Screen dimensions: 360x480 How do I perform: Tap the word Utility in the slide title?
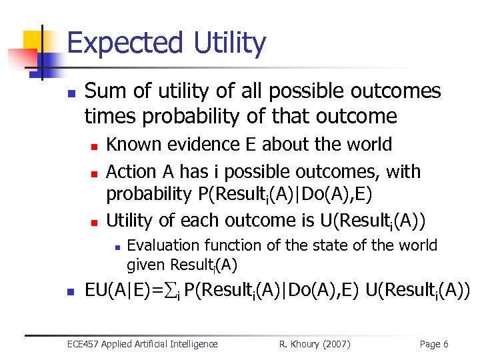pos(230,43)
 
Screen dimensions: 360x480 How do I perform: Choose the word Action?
pos(131,171)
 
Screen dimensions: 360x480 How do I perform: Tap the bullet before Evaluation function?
pos(116,247)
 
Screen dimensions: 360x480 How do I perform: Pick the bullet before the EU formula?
pos(71,291)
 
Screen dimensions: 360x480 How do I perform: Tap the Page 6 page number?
pos(433,344)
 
